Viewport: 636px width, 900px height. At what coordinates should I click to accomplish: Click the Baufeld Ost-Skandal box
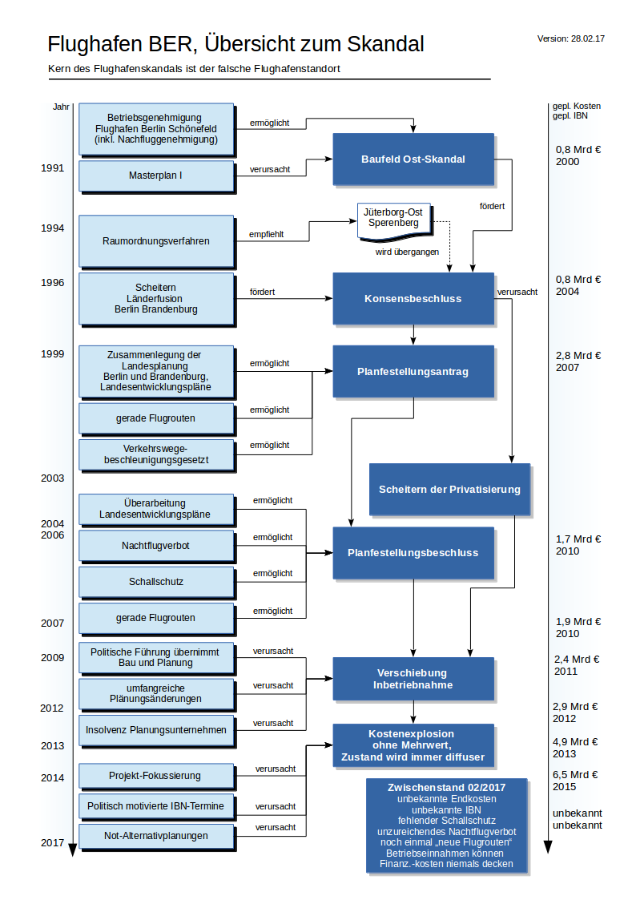[413, 159]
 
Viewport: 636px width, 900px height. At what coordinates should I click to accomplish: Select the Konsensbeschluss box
[413, 298]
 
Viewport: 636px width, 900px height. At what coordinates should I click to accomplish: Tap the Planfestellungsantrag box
[413, 371]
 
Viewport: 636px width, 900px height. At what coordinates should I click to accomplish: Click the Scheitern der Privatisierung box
[449, 489]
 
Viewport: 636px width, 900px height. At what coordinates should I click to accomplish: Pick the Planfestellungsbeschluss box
[413, 552]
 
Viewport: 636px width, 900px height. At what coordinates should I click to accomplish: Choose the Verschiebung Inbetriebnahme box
[413, 678]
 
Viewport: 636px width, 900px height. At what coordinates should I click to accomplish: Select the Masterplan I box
[155, 176]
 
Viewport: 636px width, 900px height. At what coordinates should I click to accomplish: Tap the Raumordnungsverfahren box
[155, 240]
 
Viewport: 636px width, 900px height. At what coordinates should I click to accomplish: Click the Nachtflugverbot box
[155, 546]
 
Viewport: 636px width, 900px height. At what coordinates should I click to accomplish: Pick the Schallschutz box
[155, 582]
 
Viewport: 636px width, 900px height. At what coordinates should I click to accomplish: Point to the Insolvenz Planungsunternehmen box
[155, 730]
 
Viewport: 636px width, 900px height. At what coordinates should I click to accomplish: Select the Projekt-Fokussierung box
[155, 776]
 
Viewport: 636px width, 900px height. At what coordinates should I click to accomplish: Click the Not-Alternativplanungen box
[155, 836]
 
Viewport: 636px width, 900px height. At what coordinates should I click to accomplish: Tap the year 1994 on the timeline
[53, 228]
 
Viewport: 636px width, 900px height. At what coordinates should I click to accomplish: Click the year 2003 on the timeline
[53, 478]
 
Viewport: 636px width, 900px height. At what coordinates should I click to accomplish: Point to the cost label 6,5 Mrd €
[577, 775]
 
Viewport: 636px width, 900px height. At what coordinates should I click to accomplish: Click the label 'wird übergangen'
[407, 252]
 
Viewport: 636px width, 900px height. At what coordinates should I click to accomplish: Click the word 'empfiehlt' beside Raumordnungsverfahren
[267, 235]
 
